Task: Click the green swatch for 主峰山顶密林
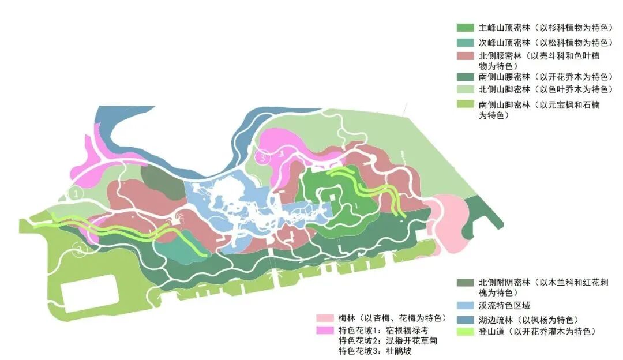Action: pyautogui.click(x=466, y=28)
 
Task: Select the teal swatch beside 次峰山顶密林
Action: pyautogui.click(x=466, y=43)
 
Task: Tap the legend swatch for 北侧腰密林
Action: pyautogui.click(x=466, y=56)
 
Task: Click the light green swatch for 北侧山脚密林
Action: pyautogui.click(x=466, y=89)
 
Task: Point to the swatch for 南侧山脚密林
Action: pyautogui.click(x=466, y=104)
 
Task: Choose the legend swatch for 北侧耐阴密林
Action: pyautogui.click(x=466, y=282)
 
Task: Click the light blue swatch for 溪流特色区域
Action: pyautogui.click(x=466, y=305)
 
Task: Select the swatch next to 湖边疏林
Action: pyautogui.click(x=466, y=319)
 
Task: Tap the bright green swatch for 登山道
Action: pyautogui.click(x=466, y=332)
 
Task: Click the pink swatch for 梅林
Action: pyautogui.click(x=325, y=318)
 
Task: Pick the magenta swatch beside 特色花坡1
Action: pyautogui.click(x=325, y=331)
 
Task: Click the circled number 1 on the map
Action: pyautogui.click(x=75, y=194)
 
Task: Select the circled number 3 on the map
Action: pyautogui.click(x=263, y=156)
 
